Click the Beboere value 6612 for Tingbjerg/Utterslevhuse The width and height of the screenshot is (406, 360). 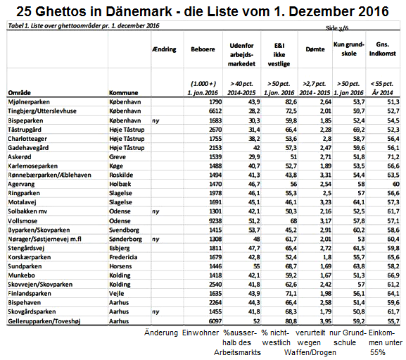pos(214,111)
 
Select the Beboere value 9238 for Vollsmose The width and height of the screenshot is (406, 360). pos(214,221)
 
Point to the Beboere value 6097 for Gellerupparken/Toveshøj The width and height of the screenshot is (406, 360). pos(214,322)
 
